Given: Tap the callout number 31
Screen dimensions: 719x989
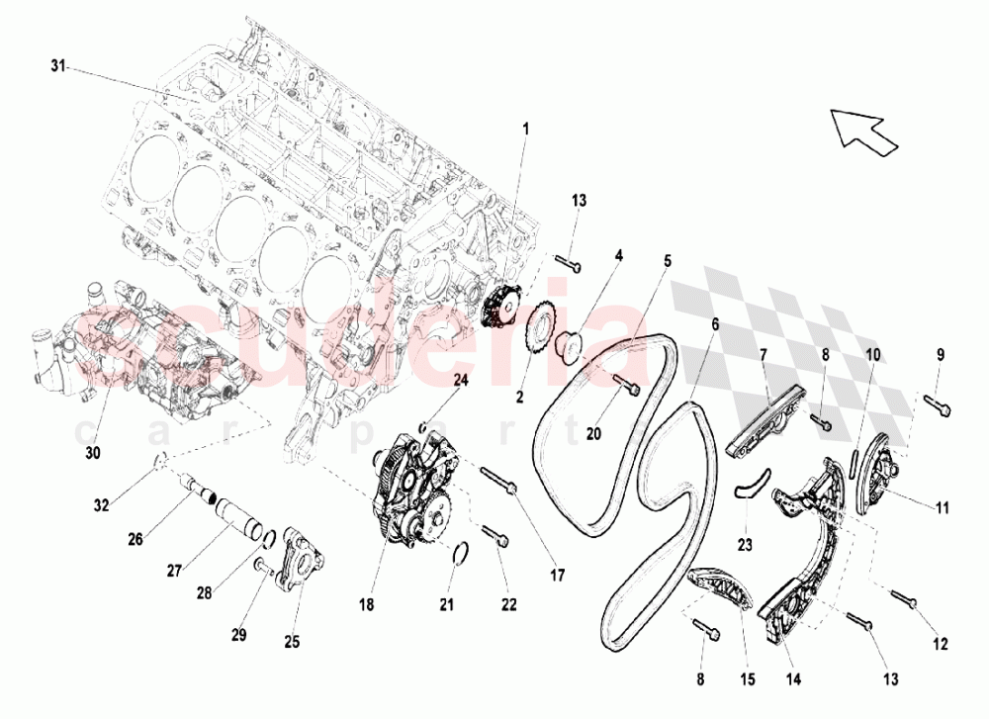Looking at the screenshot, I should [x=58, y=66].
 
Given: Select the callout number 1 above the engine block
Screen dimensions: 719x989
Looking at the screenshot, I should [x=525, y=129].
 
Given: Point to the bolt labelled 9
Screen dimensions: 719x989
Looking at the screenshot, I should [x=938, y=402].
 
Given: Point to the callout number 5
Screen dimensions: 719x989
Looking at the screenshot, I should [x=668, y=261].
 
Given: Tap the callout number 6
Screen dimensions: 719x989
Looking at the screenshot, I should [x=713, y=323].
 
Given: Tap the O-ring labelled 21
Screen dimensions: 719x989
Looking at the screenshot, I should [x=459, y=555].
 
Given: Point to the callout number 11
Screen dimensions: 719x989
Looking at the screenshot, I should [x=943, y=508].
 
